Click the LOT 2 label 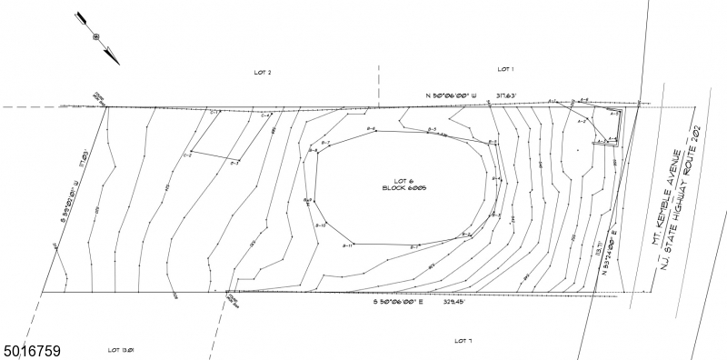pyautogui.click(x=263, y=72)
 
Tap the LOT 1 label pyautogui.click(x=506, y=69)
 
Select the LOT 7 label pyautogui.click(x=463, y=341)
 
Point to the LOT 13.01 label pyautogui.click(x=121, y=349)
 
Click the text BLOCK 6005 pyautogui.click(x=405, y=188)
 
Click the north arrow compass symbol pyautogui.click(x=95, y=37)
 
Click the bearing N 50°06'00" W pyautogui.click(x=444, y=94)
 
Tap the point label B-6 pyautogui.click(x=371, y=131)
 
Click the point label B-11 pyautogui.click(x=346, y=245)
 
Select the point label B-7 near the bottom pyautogui.click(x=413, y=246)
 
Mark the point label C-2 pyautogui.click(x=187, y=155)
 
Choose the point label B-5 pyautogui.click(x=433, y=131)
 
